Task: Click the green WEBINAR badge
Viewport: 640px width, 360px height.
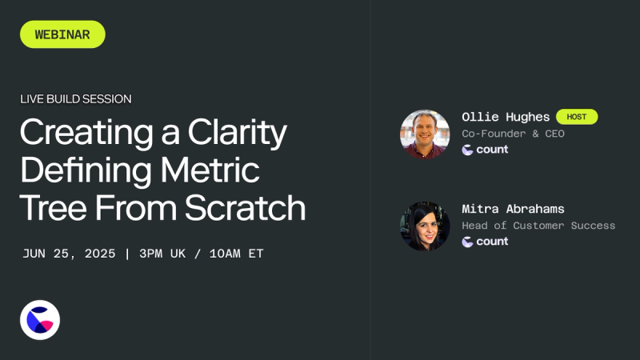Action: tap(62, 34)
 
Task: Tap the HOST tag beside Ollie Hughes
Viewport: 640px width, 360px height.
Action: tap(577, 117)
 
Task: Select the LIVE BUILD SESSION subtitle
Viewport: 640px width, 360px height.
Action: tap(76, 99)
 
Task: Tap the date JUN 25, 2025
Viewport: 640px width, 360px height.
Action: tap(69, 254)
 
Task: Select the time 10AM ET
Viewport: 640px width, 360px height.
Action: tap(236, 254)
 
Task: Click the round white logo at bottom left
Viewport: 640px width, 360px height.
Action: tap(40, 320)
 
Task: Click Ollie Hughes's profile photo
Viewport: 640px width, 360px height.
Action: tap(425, 134)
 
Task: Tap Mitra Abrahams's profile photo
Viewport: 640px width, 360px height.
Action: tap(425, 226)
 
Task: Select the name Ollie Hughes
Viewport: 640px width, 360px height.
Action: tap(506, 117)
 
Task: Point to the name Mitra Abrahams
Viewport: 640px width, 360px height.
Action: tap(513, 209)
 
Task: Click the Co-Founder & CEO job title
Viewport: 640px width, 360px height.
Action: tap(513, 134)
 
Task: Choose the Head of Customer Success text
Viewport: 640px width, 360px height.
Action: tap(538, 226)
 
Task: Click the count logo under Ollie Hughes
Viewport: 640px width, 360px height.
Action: tap(485, 150)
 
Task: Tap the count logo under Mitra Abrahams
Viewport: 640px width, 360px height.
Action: tap(485, 242)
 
